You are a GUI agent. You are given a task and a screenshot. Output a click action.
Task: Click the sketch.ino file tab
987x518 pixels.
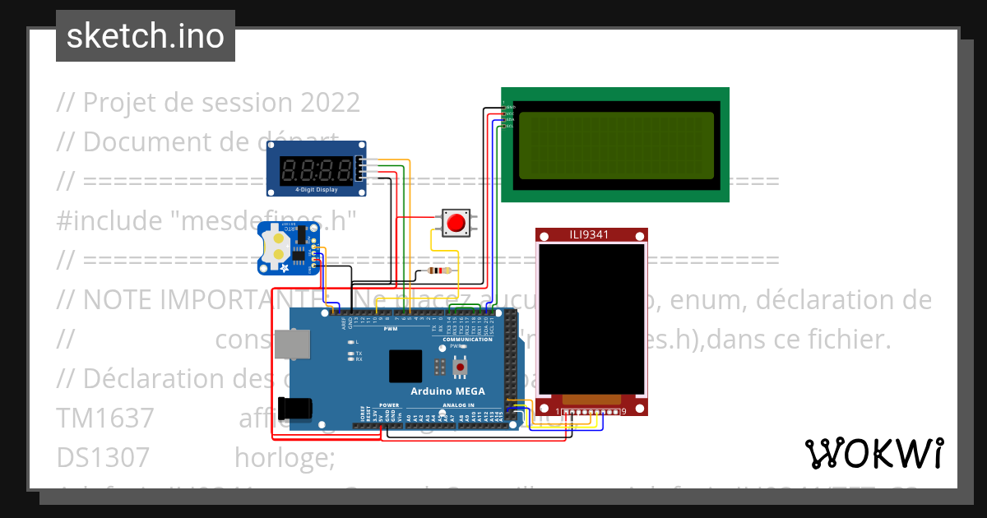click(146, 36)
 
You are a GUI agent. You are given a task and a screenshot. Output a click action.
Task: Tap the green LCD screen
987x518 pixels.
click(615, 146)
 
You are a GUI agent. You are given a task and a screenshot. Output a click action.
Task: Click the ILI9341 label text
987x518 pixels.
click(590, 235)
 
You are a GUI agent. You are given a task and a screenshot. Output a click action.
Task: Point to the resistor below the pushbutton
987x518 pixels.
click(440, 271)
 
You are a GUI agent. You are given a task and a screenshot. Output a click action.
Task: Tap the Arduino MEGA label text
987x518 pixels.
click(447, 391)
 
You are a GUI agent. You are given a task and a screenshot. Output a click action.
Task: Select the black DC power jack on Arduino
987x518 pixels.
click(294, 409)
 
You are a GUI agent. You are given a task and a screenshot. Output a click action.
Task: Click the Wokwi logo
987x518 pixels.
click(873, 453)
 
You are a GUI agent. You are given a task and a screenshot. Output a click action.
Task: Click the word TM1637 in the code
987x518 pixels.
click(104, 418)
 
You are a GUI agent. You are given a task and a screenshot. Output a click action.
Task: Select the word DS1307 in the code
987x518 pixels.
click(103, 456)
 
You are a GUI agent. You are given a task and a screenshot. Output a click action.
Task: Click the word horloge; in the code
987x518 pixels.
click(285, 456)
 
